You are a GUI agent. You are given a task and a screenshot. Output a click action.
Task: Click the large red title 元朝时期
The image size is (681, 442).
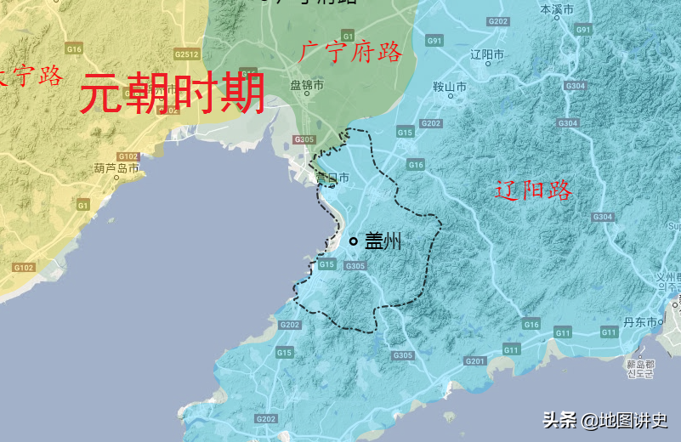coord(172,93)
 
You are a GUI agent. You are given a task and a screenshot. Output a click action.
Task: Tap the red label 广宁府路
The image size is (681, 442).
coord(351,53)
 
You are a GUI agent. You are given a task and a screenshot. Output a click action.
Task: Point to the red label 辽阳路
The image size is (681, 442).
coord(533,190)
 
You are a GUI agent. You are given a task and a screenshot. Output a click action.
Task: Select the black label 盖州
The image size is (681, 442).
coord(383,241)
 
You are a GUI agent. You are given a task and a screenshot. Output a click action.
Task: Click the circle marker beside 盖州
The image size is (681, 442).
coord(354,241)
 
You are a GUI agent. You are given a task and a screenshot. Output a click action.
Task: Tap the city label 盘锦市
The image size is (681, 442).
coord(307,85)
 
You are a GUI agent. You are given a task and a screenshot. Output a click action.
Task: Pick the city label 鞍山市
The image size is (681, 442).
coord(450,87)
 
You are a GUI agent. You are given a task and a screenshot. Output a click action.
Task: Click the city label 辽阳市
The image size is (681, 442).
coord(487,54)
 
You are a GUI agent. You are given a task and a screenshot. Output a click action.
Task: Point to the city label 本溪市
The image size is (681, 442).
coord(558,9)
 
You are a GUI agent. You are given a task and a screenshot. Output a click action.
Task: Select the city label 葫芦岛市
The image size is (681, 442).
coord(116,168)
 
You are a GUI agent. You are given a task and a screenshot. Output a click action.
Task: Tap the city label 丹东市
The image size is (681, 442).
coord(640,322)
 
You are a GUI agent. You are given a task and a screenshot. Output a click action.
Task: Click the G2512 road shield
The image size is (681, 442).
coord(186,54)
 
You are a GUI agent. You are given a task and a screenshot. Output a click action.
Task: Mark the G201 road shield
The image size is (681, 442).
coord(474,361)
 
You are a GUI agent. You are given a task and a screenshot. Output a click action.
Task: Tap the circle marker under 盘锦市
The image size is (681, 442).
coord(307,93)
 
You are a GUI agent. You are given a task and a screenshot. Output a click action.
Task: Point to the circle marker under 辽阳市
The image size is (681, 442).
coord(487,63)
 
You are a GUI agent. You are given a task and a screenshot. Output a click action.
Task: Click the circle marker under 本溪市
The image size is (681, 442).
coord(558,18)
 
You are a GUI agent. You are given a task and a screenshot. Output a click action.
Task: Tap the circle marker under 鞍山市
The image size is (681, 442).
coord(449,96)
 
